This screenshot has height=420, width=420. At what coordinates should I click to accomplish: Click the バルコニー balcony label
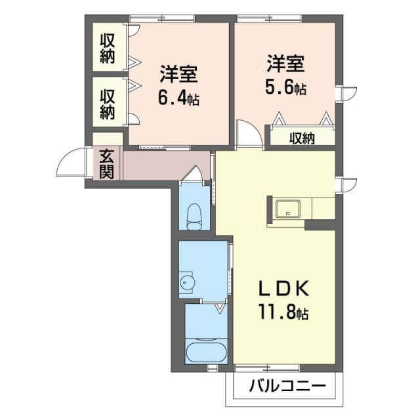287,387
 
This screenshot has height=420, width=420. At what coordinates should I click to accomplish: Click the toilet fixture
194,217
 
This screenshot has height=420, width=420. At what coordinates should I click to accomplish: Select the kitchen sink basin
288,210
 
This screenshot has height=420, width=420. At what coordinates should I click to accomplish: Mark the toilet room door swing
194,175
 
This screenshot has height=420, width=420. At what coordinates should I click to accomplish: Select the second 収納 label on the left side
108,104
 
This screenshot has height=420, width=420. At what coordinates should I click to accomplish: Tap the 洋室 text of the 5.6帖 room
285,64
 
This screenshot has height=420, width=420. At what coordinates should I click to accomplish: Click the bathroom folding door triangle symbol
220,306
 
